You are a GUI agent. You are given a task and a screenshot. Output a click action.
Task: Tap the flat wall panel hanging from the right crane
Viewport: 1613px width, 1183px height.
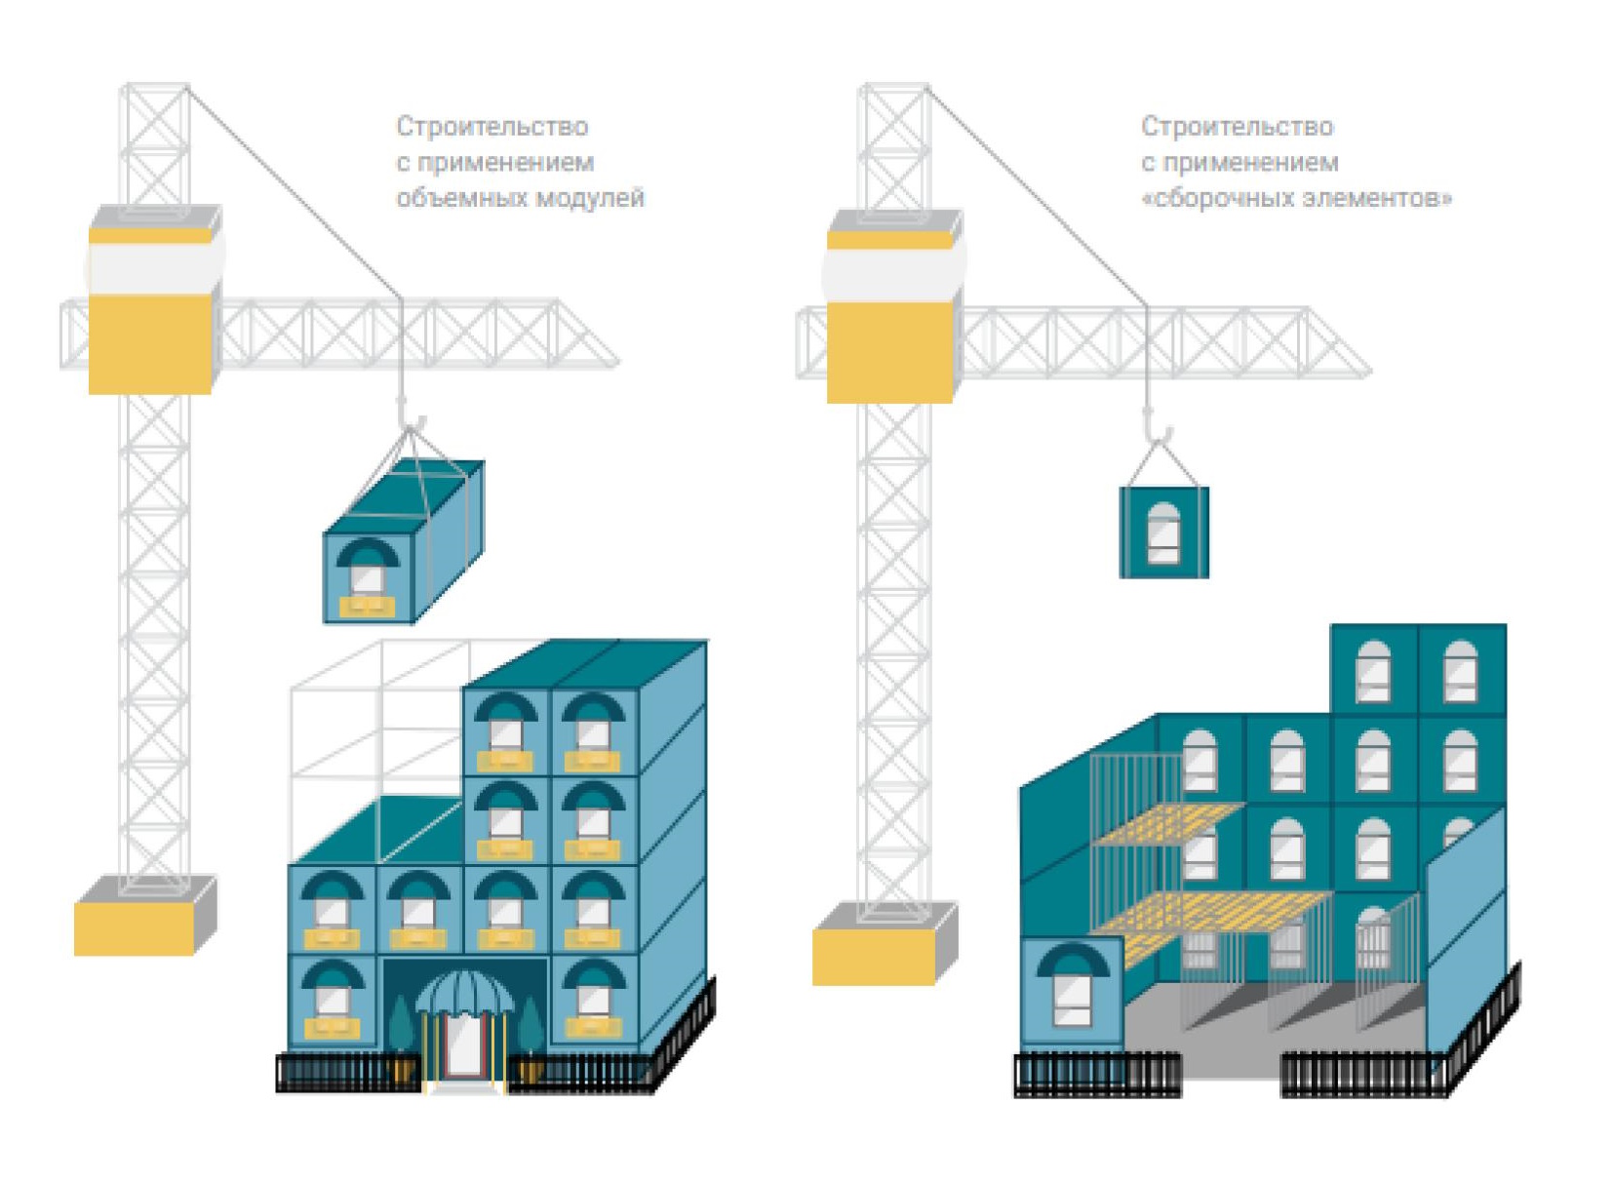(x=1163, y=532)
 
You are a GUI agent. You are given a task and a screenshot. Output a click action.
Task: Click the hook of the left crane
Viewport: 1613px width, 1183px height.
(x=410, y=419)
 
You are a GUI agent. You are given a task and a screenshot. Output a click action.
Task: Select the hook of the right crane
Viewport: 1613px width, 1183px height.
(x=1156, y=429)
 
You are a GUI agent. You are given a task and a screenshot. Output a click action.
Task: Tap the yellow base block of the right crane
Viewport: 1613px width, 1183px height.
(x=874, y=957)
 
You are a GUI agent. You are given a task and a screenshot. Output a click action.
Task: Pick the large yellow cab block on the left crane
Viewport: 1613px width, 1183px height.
(x=150, y=344)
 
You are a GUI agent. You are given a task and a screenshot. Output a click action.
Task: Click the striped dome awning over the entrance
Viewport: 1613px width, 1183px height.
(x=464, y=993)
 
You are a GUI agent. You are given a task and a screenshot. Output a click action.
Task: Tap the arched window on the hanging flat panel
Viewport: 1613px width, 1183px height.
(x=1163, y=533)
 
